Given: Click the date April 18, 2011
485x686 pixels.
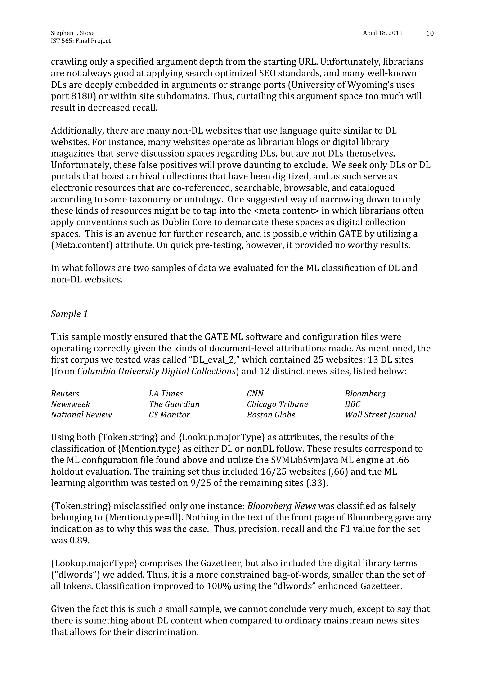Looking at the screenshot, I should coord(382,33).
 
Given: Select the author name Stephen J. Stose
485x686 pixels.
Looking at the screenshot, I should coord(73,33).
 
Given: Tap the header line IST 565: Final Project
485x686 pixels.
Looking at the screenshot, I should coord(81,41).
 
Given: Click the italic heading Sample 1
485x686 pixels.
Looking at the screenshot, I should coord(69,314).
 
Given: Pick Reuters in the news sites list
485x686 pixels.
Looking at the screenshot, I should coord(65,394).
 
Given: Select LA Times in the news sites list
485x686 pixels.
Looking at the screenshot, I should coord(166,394).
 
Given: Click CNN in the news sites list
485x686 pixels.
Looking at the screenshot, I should coord(255,394).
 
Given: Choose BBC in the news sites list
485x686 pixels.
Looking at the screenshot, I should coord(352,404).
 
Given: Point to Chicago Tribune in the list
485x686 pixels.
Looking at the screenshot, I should coord(277,404).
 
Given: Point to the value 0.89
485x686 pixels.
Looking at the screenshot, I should coord(80,541).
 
